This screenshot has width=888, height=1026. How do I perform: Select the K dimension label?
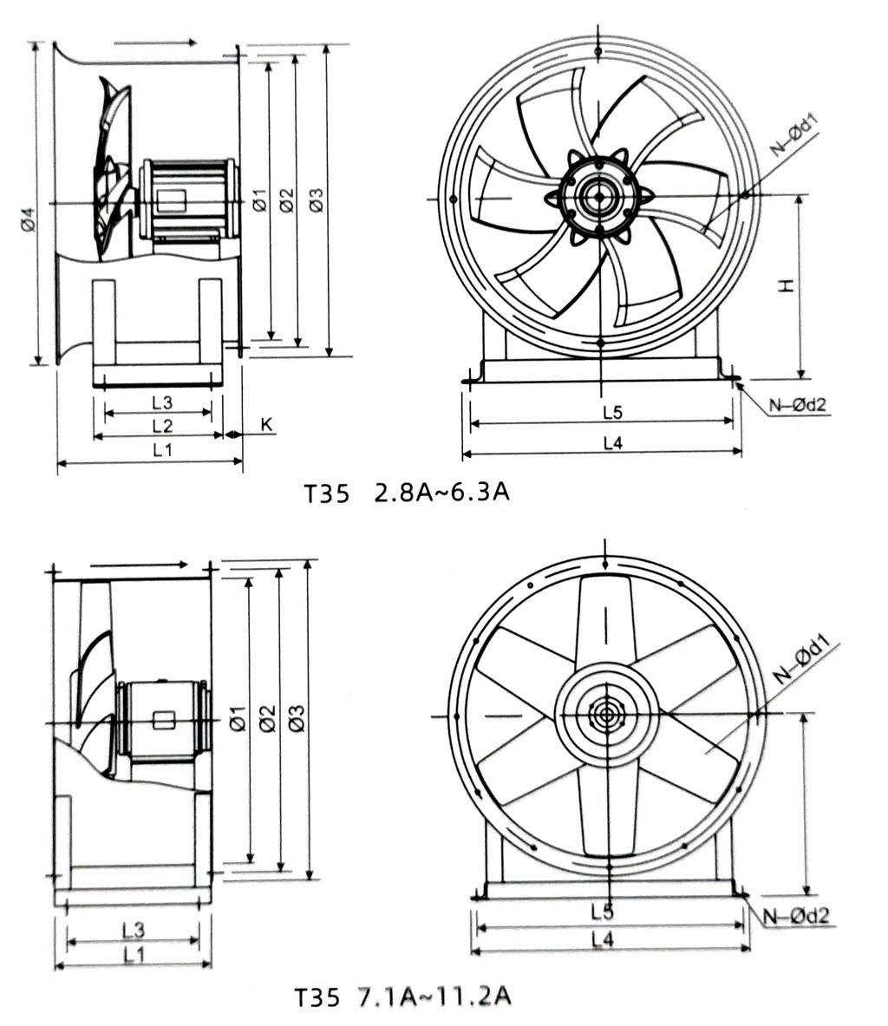point(266,424)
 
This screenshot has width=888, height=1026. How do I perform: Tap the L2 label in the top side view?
point(161,425)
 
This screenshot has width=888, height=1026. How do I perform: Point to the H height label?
point(786,285)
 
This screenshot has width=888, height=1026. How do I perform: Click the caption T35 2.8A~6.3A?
point(406,493)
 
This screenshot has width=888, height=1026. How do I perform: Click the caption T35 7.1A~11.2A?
point(402,997)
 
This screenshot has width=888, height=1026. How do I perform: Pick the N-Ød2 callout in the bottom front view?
point(797,915)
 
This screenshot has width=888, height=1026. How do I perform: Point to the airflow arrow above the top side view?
point(156,42)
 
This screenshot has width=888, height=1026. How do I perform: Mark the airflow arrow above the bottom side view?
point(139,565)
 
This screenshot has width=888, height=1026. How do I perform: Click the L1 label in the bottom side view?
point(133,955)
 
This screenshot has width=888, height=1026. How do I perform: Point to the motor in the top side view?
point(186,199)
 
